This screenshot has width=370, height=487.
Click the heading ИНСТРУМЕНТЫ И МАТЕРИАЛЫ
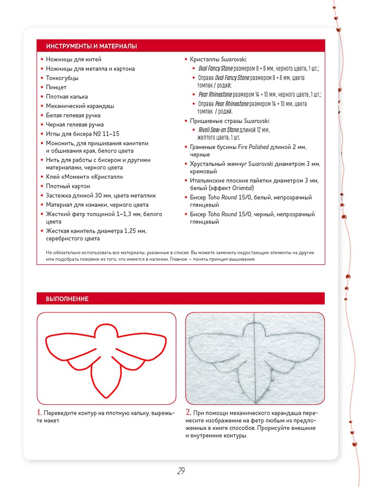coord(91,46)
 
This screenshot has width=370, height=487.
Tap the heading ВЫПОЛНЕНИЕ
coord(67,299)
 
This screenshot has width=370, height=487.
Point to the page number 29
coord(181,471)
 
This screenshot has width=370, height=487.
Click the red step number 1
coord(40,412)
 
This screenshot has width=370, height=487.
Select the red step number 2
coord(189,412)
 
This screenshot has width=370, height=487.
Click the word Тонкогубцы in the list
coord(62,78)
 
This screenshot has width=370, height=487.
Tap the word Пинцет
coord(56,88)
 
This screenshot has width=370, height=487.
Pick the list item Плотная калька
coord(67,97)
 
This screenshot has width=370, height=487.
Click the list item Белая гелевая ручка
coord(73,116)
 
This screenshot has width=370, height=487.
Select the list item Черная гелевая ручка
coord(75,125)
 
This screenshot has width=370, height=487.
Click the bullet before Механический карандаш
coord(42,106)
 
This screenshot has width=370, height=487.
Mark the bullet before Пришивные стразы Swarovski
coord(186,121)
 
